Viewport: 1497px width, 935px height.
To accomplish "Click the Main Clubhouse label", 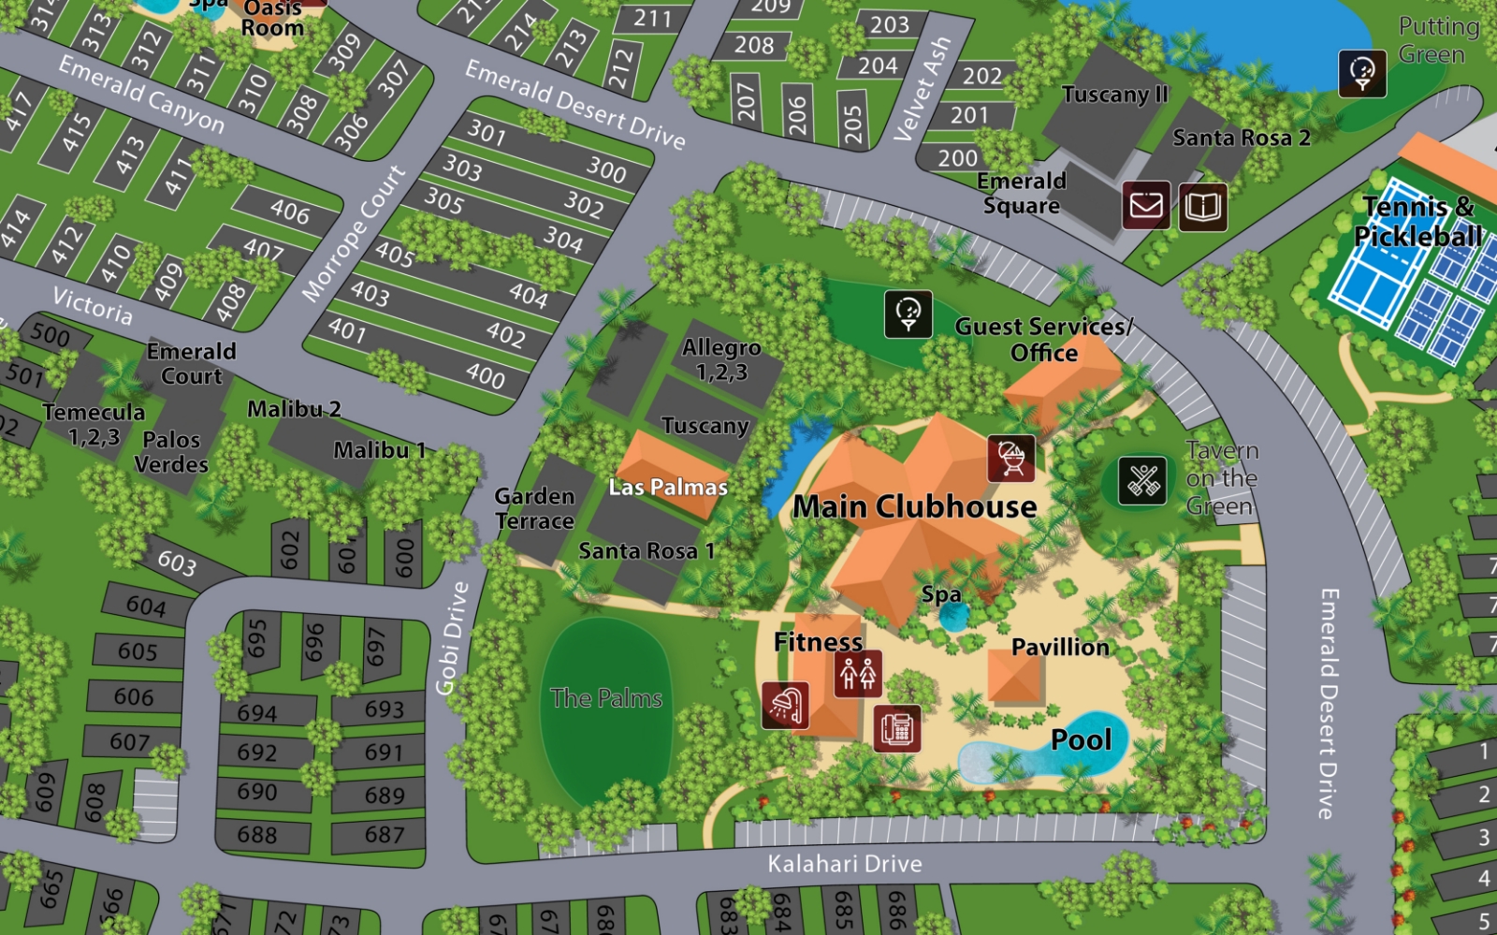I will point(914,506).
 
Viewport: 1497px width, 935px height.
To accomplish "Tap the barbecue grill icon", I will point(1011,458).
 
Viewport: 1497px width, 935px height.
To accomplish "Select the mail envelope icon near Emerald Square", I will point(1146,205).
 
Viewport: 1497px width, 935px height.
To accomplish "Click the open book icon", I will point(1202,205).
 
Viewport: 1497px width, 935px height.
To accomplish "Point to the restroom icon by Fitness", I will point(858,673).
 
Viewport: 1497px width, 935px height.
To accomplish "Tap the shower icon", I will point(786,705).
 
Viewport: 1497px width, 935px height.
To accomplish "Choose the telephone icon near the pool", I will point(897,728).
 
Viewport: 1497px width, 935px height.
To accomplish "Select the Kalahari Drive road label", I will point(845,864).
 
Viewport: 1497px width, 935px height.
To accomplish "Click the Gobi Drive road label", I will point(453,637).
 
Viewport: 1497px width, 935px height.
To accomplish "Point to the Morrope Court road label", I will point(354,234).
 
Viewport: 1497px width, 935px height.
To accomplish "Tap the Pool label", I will point(1082,740).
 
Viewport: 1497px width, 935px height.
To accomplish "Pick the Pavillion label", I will point(1060,647).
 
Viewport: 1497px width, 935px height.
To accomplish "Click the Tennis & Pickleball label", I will point(1417,221).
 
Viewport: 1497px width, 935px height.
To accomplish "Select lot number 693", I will point(384,709).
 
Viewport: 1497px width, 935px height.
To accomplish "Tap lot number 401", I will point(346,329).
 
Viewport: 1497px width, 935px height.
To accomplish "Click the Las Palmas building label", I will point(668,487).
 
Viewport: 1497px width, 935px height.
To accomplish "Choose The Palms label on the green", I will point(606,698).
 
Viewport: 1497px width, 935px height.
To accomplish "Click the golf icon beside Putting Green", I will point(1362,73).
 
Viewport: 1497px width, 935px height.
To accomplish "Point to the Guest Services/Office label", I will point(1044,340).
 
